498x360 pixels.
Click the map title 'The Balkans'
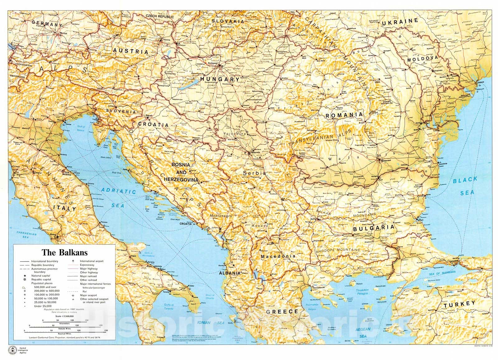[x=65, y=252]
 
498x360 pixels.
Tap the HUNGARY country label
[x=220, y=79]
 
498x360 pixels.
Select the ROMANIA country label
[x=344, y=115]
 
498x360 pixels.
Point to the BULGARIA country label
[x=374, y=228]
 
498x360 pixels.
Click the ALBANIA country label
[x=230, y=273]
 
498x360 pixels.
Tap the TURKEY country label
[x=460, y=305]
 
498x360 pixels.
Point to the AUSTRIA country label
[x=130, y=51]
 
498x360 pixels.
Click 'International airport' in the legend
[x=92, y=261]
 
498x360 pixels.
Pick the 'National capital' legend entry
[x=40, y=276]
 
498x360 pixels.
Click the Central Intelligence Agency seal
[x=13, y=349]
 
